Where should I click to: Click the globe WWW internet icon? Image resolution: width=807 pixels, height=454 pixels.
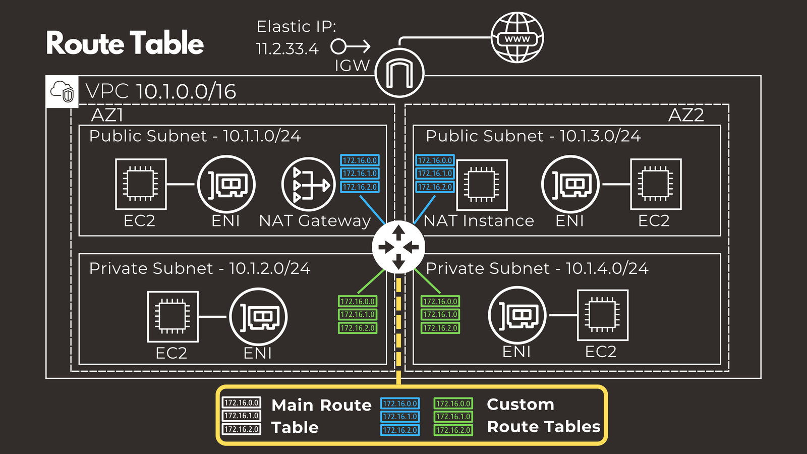pyautogui.click(x=517, y=38)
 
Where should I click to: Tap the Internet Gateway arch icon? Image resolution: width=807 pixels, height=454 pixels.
pyautogui.click(x=399, y=74)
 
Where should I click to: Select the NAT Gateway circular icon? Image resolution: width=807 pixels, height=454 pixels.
pyautogui.click(x=308, y=184)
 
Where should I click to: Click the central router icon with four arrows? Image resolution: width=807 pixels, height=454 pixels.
pyautogui.click(x=398, y=247)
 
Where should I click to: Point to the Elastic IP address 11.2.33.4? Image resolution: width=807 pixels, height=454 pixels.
pyautogui.click(x=287, y=49)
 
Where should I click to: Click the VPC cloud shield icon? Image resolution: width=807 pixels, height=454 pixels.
pyautogui.click(x=62, y=92)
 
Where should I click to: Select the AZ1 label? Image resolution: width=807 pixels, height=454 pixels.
pyautogui.click(x=107, y=115)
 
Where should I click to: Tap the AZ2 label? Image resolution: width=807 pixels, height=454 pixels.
pyautogui.click(x=685, y=115)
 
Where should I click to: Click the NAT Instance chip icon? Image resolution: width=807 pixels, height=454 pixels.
pyautogui.click(x=482, y=185)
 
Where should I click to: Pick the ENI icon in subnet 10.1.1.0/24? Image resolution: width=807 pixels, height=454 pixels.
pyautogui.click(x=226, y=184)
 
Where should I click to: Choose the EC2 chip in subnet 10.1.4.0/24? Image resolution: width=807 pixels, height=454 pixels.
pyautogui.click(x=602, y=315)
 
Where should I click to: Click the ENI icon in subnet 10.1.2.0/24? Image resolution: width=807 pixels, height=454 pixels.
pyautogui.click(x=258, y=317)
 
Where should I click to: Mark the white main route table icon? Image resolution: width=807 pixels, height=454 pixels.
pyautogui.click(x=242, y=416)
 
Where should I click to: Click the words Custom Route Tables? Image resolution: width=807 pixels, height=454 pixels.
pyautogui.click(x=543, y=416)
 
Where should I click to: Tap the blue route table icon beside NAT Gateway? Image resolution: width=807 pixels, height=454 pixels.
pyautogui.click(x=360, y=174)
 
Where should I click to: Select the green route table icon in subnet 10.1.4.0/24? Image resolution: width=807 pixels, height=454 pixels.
pyautogui.click(x=440, y=315)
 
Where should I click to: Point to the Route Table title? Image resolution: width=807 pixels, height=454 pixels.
pyautogui.click(x=125, y=43)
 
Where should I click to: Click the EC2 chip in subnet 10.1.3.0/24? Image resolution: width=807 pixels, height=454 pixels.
pyautogui.click(x=656, y=184)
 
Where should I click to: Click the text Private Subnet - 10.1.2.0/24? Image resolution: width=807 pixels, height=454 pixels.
pyautogui.click(x=200, y=268)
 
